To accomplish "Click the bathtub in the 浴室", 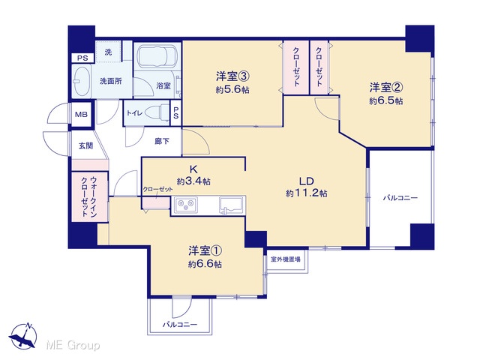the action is pos(157,57).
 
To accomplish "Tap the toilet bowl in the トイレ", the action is pos(157,112).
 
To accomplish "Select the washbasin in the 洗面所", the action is pos(82,81).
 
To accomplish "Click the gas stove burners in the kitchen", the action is pos(186,203).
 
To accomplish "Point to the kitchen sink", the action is pos(232,204).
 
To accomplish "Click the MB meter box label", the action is pos(81,115).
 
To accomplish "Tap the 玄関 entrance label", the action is pos(86,145).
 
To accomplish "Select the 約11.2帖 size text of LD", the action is pos(307,193).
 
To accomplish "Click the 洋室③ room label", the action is pos(233,76).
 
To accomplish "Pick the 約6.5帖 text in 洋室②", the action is pos(385,101).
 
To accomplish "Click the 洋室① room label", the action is pos(205,251).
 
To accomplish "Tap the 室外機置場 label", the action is pos(285,259).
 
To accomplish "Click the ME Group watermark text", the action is pos(73,345).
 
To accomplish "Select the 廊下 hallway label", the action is pos(162,141).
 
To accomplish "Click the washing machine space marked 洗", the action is pos(108,52).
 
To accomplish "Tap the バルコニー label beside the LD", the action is pos(400,198).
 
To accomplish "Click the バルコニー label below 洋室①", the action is pos(180,325).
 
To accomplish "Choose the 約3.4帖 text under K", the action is pos(193,181).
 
